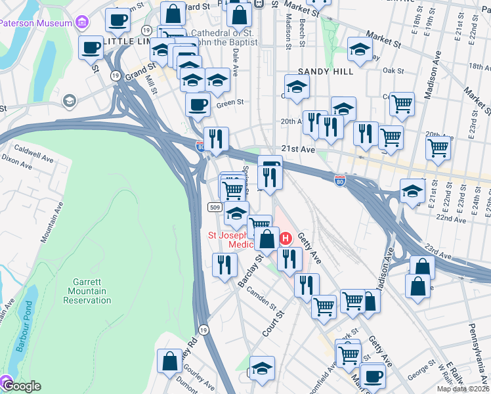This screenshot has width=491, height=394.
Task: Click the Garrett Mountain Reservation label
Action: (x=87, y=291)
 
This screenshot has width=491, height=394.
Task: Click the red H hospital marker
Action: (x=286, y=237)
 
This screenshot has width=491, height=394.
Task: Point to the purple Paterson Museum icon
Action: (x=81, y=23)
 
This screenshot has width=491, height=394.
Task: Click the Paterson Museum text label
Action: (x=35, y=23)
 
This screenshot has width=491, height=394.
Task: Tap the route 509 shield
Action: (x=215, y=208)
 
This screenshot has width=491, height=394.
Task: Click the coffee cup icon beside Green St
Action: (x=198, y=105)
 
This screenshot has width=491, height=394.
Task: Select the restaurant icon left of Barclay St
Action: (x=225, y=265)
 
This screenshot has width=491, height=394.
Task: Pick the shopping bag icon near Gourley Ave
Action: (x=170, y=361)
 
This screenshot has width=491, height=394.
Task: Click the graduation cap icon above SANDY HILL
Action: (x=359, y=50)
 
